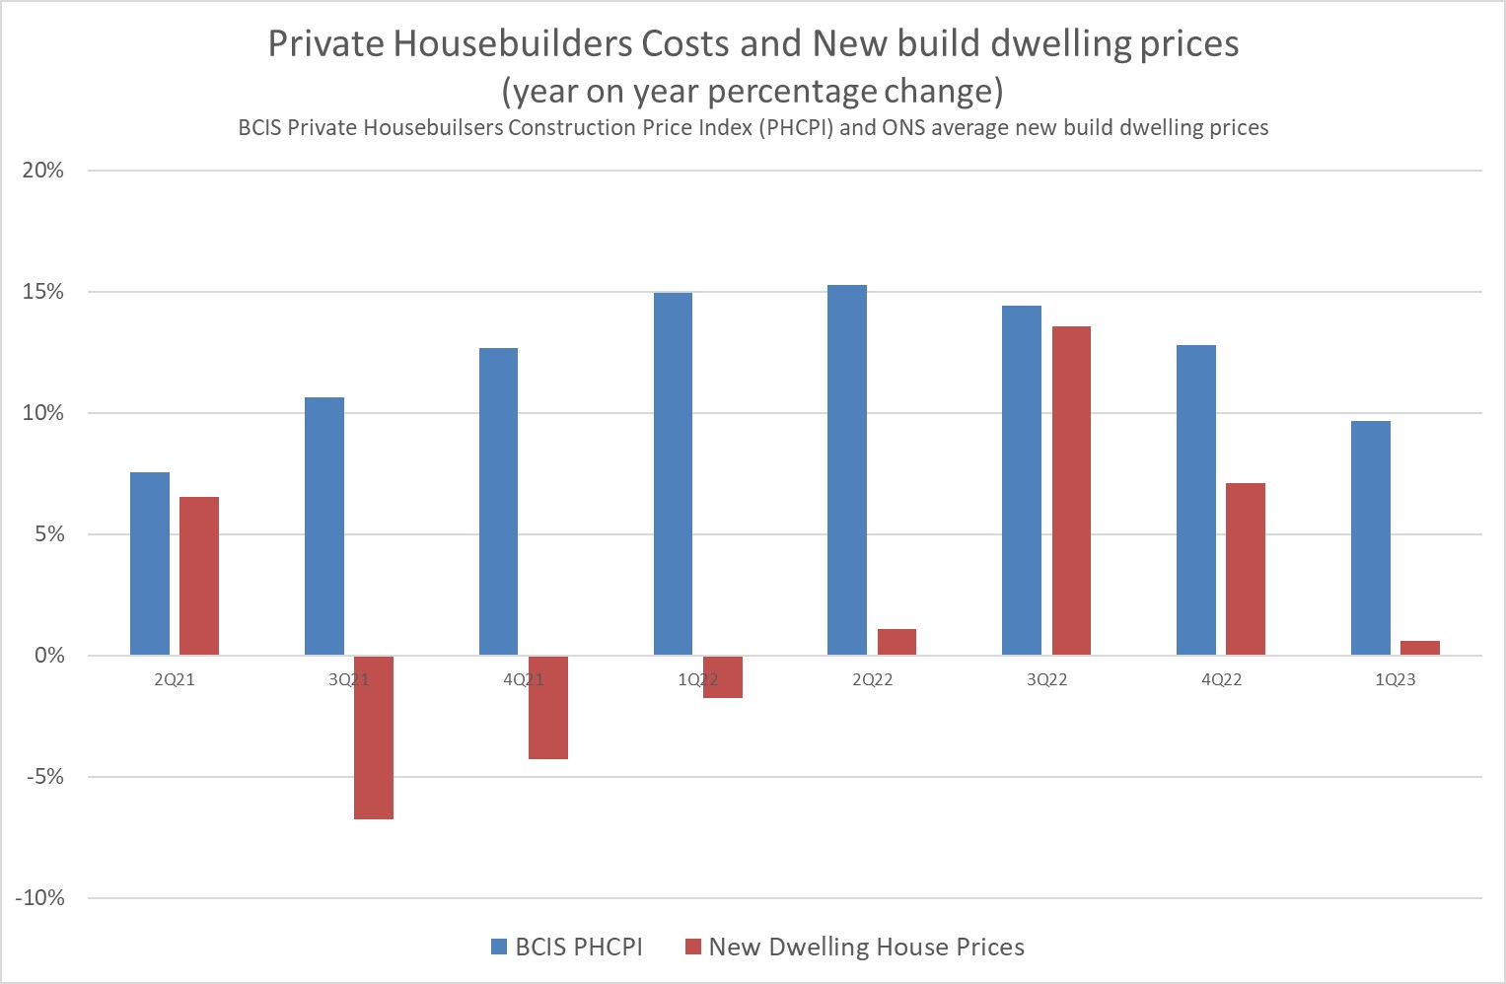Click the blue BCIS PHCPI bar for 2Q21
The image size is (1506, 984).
tap(150, 563)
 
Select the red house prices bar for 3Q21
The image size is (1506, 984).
tap(374, 738)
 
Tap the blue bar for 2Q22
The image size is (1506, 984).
tap(847, 469)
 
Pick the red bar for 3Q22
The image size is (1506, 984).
tap(1071, 490)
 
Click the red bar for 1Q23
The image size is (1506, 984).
tap(1419, 648)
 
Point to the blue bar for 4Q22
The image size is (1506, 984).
tap(1195, 500)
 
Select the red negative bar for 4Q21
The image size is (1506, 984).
tap(548, 707)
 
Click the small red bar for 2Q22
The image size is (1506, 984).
tap(896, 642)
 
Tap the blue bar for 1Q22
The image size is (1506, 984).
tap(673, 473)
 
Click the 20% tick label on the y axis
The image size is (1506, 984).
tap(43, 171)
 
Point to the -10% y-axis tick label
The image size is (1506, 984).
tap(40, 898)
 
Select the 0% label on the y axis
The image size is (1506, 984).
tap(48, 656)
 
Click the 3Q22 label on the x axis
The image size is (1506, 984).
tap(1046, 680)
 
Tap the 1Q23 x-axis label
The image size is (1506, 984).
tap(1395, 680)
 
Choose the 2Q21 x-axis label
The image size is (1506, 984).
tap(175, 680)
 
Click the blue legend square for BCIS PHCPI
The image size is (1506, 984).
tap(499, 948)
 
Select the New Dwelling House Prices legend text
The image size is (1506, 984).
tap(866, 948)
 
